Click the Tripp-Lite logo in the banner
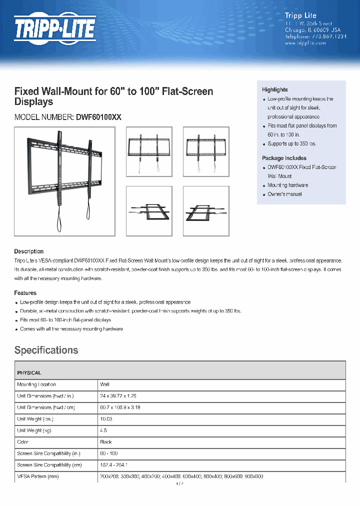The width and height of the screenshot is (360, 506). click(54, 28)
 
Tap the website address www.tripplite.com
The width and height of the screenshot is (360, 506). click(305, 43)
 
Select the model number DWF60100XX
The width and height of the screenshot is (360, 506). click(98, 117)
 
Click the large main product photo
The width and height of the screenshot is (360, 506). click(64, 180)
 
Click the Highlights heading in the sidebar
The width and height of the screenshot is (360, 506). click(275, 89)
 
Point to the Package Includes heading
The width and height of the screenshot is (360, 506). click(284, 158)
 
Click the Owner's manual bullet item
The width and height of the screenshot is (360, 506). click(284, 194)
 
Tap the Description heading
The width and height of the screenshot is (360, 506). click(29, 251)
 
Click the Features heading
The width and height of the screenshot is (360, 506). click(25, 293)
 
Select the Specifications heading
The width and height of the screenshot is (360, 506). click(46, 350)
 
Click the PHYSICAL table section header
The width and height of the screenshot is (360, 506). click(29, 373)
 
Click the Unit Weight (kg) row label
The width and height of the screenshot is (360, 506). click(36, 430)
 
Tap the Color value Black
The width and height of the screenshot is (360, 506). click(106, 442)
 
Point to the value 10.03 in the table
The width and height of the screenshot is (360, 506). click(106, 419)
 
